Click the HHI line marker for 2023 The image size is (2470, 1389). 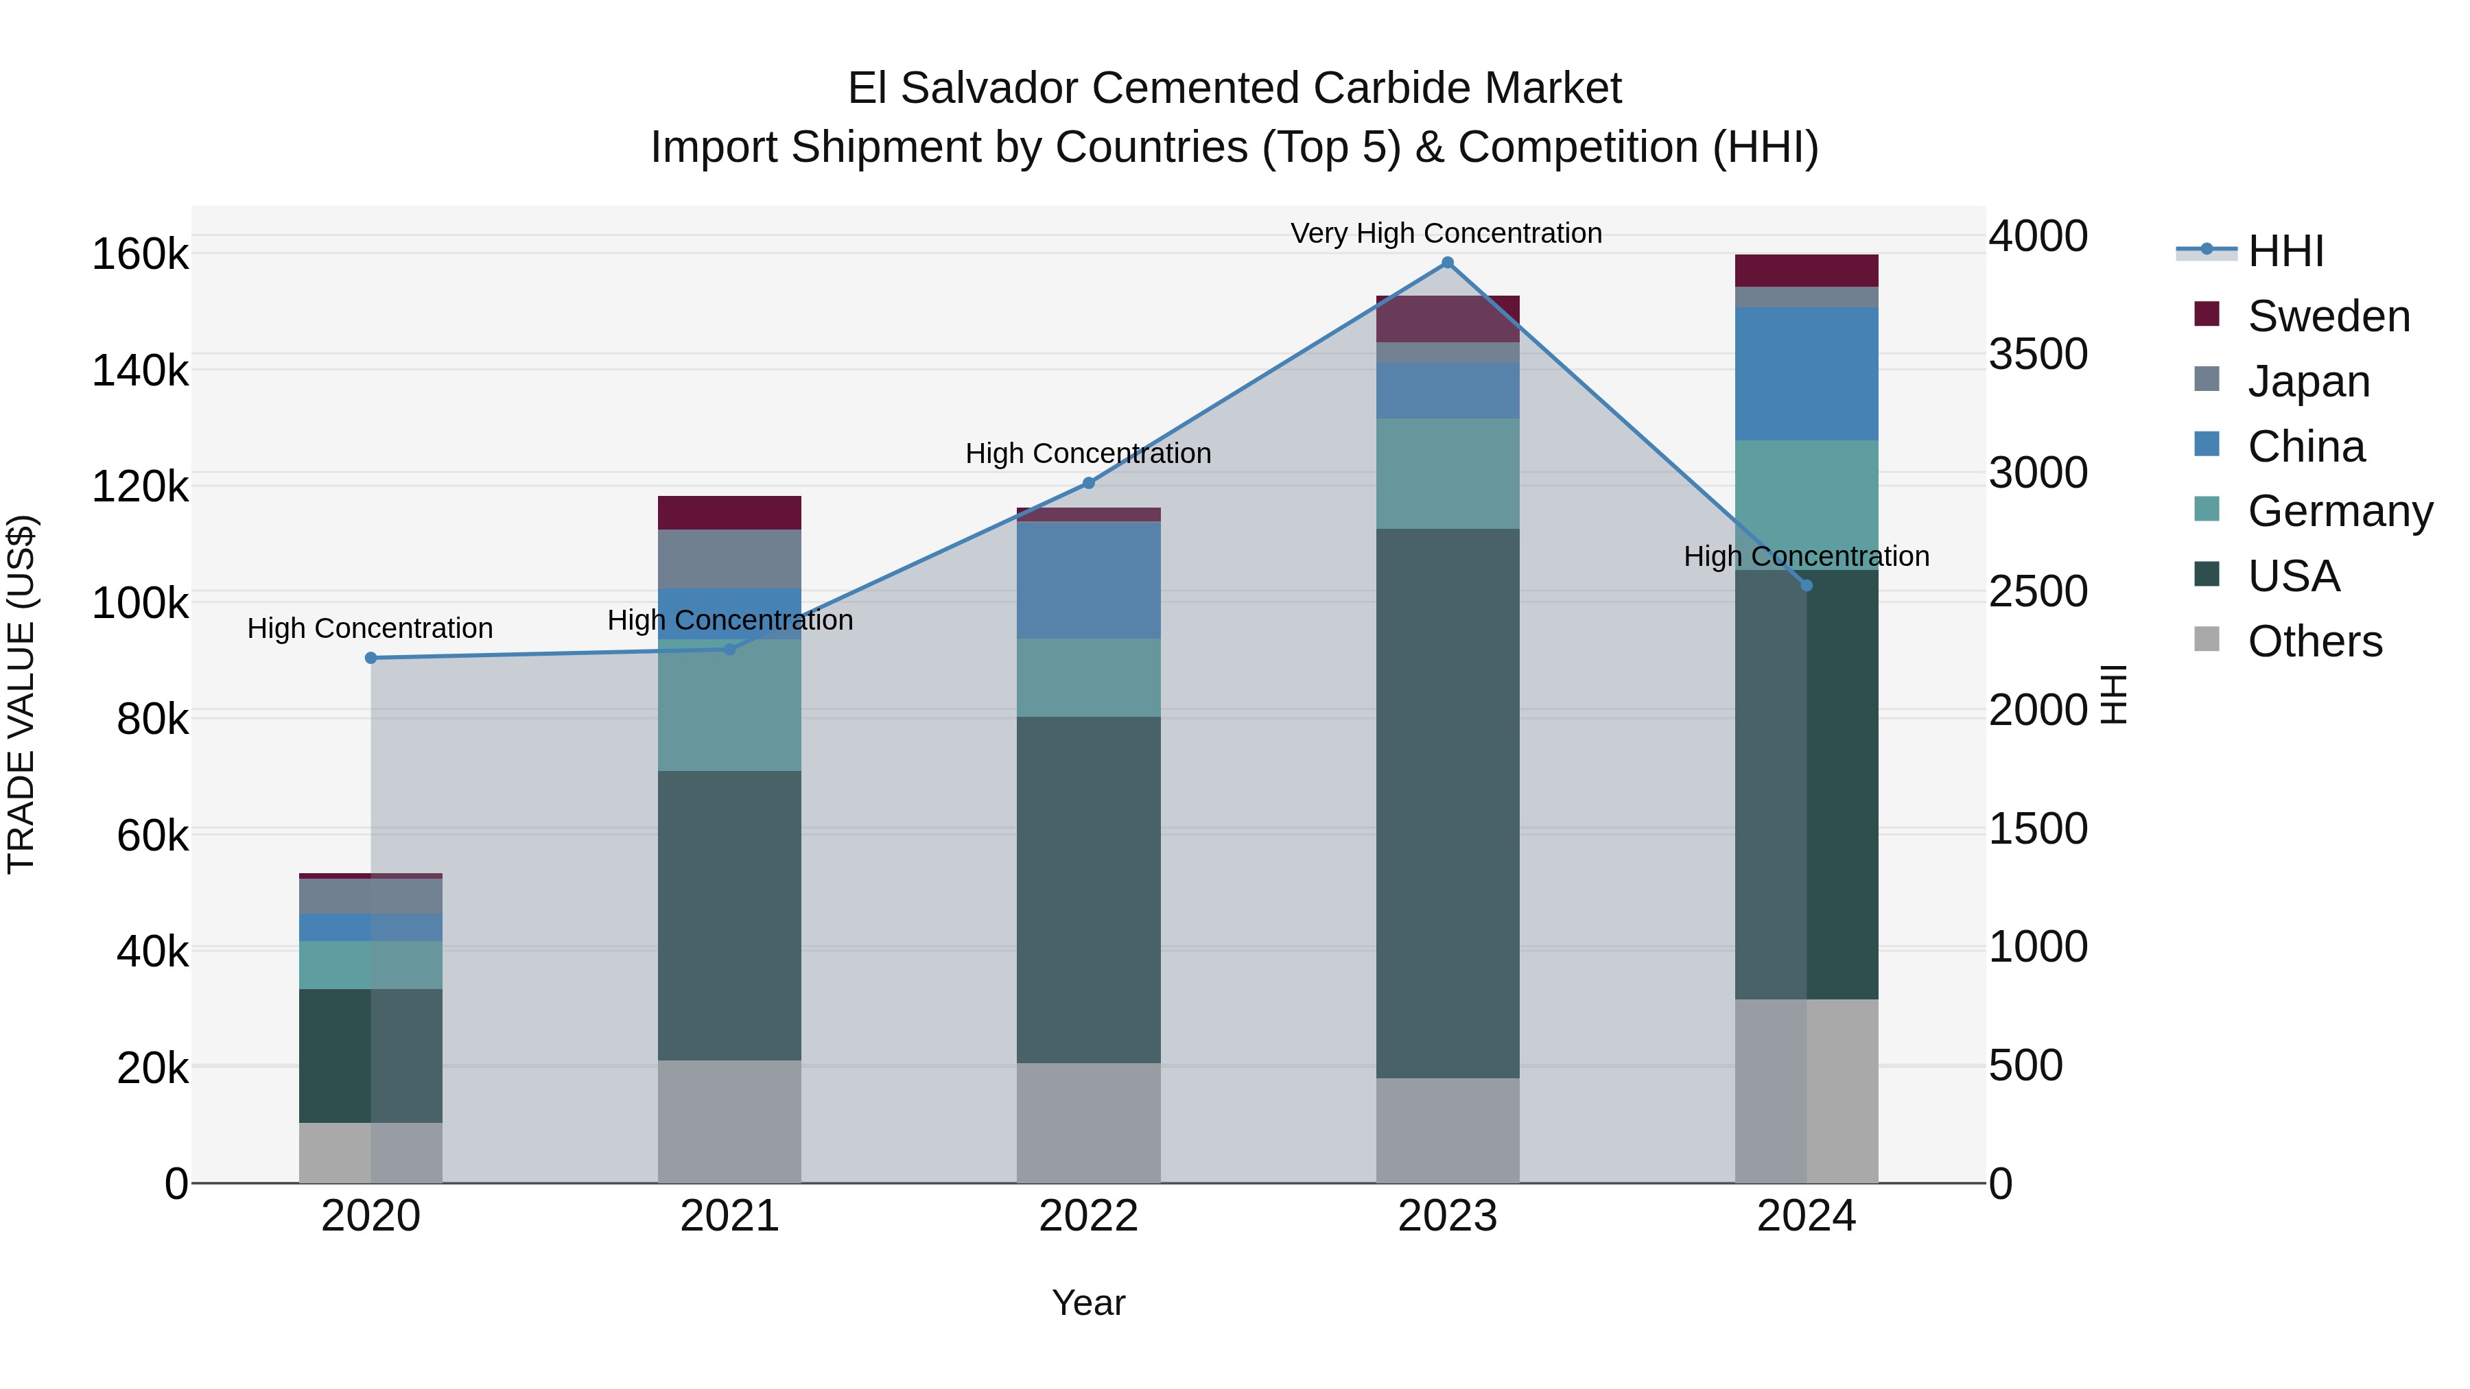1447,263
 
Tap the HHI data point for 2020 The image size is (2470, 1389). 371,658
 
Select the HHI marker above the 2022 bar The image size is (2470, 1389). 1088,483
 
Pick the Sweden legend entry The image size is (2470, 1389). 2328,316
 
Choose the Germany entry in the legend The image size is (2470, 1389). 2340,511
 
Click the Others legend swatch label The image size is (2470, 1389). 2315,641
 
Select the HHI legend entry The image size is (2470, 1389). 2285,251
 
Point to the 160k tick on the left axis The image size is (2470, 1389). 140,255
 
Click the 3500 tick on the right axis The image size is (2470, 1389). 2038,354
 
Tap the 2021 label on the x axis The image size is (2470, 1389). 730,1216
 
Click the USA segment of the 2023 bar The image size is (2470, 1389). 1447,803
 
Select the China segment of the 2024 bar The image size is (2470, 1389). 1806,374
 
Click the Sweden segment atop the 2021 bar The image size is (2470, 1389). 730,513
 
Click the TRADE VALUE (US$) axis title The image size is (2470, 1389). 21,694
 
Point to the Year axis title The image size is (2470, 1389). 1088,1303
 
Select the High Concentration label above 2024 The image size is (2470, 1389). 1806,556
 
